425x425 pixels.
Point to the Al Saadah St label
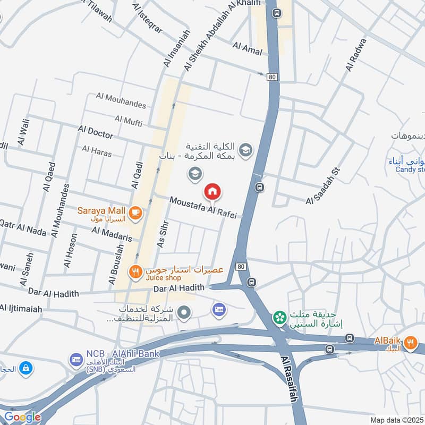(322, 186)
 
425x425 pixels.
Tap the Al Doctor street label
(96, 130)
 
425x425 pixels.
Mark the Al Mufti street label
(129, 122)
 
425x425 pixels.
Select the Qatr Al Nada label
(24, 226)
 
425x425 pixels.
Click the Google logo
(22, 417)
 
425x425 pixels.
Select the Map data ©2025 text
(397, 420)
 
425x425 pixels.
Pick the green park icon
(277, 318)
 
